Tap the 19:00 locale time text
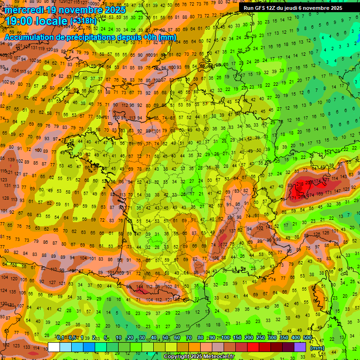[x=37, y=21]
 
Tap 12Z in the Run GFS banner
[x=268, y=8]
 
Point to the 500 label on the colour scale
[x=307, y=338]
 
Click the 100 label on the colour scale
[x=226, y=338]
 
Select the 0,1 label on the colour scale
[x=60, y=338]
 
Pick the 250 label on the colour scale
[x=261, y=338]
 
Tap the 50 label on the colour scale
[x=165, y=338]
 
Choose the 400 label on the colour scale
[x=296, y=338]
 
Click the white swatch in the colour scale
[x=54, y=347]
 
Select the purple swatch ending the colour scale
[x=300, y=347]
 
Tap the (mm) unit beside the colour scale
[x=317, y=348]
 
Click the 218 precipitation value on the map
[x=300, y=184]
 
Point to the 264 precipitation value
[x=301, y=196]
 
